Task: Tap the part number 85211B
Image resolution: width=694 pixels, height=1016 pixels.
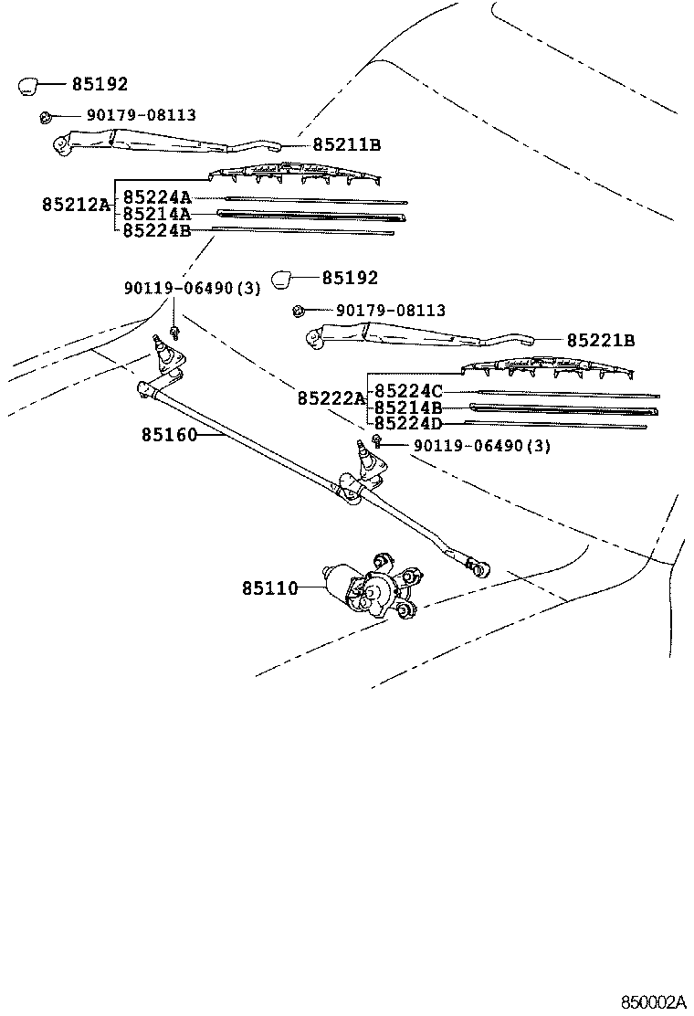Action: pos(346,144)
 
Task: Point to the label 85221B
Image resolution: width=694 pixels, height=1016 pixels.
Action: pos(600,340)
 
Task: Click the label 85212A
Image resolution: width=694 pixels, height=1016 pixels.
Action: pos(75,205)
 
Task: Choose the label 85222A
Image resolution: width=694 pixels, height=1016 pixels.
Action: pos(330,398)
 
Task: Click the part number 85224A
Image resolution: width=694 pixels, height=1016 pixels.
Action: pos(157,197)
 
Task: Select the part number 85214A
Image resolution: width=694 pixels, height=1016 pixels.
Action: pos(157,214)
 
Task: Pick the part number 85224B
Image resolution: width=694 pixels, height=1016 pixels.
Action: pos(157,230)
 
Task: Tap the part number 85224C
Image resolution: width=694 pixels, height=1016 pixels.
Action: pos(409,391)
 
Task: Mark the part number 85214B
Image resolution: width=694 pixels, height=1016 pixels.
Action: pos(409,407)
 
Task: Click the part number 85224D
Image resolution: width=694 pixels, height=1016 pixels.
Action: pos(409,423)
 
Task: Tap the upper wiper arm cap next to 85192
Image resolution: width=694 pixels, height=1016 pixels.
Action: pos(27,85)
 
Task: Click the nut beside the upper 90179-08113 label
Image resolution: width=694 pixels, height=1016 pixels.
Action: pos(45,116)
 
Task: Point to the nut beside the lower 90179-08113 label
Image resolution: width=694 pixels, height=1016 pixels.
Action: pos(298,312)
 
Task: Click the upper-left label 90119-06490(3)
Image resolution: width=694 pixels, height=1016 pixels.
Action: pos(192,289)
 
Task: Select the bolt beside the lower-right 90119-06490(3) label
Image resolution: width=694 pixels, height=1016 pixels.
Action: pos(375,444)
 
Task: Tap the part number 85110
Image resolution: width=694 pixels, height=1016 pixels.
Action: pos(269,589)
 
